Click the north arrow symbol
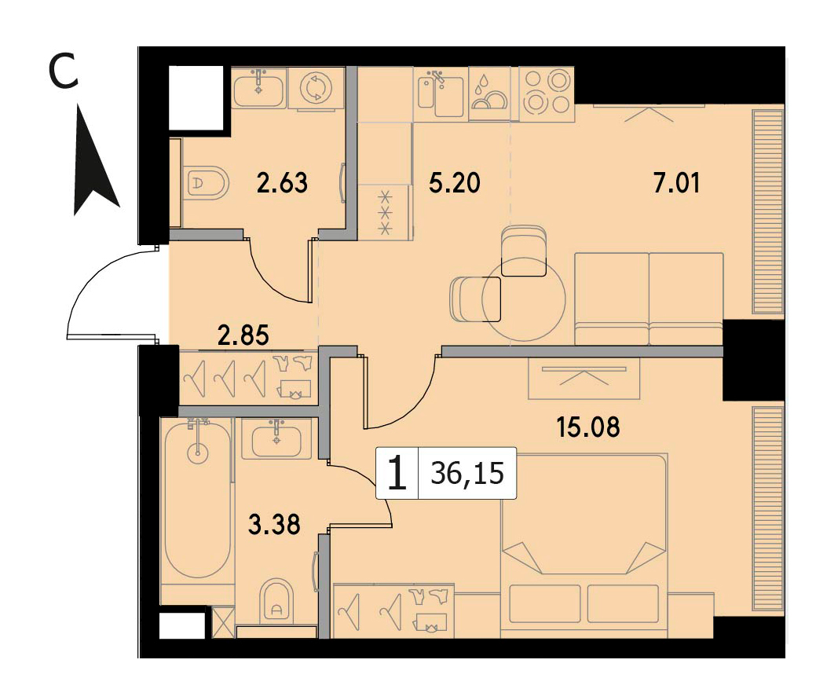tap(93, 161)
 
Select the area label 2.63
tap(283, 183)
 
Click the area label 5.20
tap(454, 183)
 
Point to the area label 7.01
tap(676, 183)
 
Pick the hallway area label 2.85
tap(243, 335)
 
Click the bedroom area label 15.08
tap(588, 427)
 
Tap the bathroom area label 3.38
tap(274, 525)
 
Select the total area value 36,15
tap(467, 474)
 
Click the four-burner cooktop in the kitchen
tap(547, 93)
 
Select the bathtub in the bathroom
tap(197, 500)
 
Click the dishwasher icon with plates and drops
tap(489, 93)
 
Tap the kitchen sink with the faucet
tap(441, 93)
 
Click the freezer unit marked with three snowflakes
tap(385, 212)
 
